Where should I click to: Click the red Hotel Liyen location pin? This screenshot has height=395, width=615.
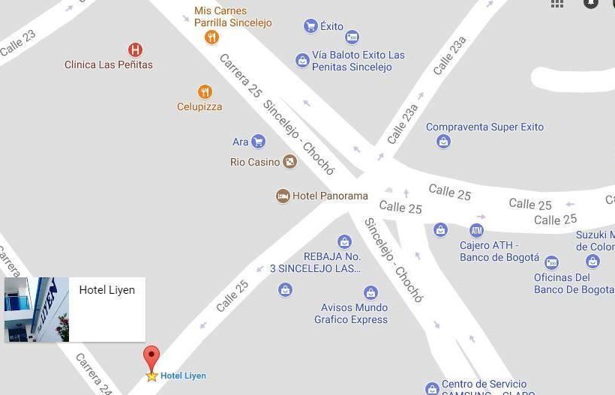(x=151, y=358)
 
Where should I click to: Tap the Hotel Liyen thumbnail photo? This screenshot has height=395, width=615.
(x=37, y=310)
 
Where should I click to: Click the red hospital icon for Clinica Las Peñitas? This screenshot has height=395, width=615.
(x=135, y=50)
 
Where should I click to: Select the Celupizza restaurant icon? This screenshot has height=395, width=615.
(x=205, y=92)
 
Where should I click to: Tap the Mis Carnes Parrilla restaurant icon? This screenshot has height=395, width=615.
(x=212, y=37)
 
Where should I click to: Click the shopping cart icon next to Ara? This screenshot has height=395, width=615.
(x=259, y=141)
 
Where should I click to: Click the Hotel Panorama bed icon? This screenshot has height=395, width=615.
(x=283, y=196)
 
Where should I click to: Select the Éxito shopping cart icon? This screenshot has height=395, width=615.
(x=310, y=26)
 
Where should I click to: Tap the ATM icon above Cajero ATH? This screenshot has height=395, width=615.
(x=476, y=230)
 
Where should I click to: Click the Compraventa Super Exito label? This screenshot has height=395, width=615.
(x=484, y=127)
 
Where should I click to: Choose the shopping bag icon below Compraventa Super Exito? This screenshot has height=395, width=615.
(x=443, y=141)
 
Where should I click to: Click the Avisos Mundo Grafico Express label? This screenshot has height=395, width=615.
(x=351, y=313)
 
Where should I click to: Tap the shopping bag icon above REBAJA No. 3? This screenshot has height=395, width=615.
(x=344, y=241)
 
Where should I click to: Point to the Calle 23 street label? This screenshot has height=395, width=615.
(x=17, y=43)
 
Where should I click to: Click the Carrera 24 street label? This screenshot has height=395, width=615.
(x=93, y=373)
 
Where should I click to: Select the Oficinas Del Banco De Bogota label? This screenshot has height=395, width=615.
(x=574, y=283)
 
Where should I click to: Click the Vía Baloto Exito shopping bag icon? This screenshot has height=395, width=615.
(x=302, y=61)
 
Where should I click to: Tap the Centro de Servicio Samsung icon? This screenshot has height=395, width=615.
(x=432, y=388)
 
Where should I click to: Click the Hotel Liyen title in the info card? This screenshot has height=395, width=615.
(x=107, y=290)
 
